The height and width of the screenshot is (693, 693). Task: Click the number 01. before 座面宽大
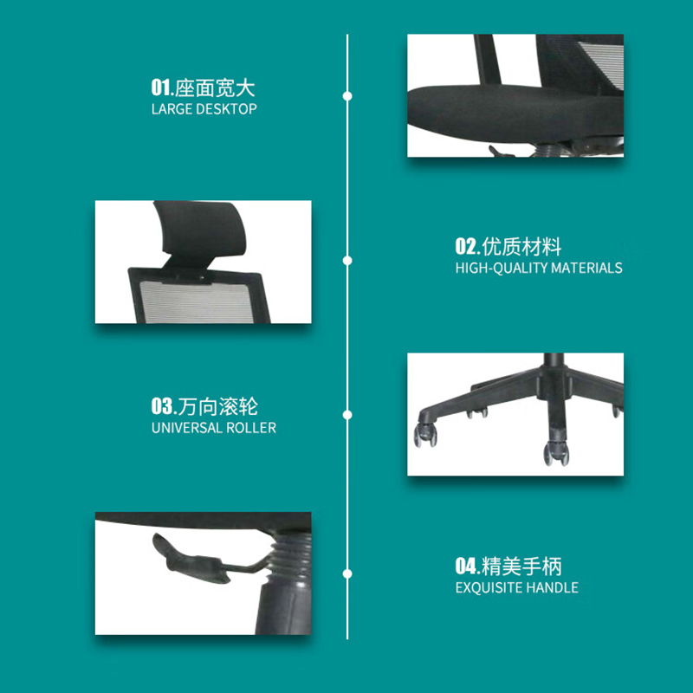coord(162,87)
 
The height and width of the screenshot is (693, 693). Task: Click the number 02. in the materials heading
coord(467,247)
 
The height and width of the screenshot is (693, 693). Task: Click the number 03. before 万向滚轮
coord(164,406)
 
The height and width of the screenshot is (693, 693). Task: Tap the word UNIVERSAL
coord(187,428)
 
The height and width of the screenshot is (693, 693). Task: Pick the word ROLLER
coord(251,428)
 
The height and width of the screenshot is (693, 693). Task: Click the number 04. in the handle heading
coord(467,567)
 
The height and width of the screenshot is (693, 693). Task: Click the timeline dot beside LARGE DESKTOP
coord(347,96)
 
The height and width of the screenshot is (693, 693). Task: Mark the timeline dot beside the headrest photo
coord(347,261)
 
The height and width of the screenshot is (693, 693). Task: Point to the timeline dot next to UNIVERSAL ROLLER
coord(347,415)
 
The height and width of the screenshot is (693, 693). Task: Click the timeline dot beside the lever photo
coord(347,573)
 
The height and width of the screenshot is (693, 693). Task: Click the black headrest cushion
coord(201,228)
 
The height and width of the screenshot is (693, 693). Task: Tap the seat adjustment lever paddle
coord(190,559)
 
